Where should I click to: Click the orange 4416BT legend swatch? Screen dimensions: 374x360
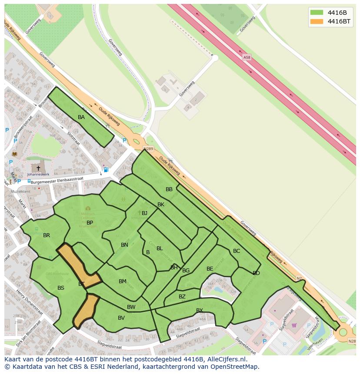317,21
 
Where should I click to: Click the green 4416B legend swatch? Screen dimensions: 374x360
317,12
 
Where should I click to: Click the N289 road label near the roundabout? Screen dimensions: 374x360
148,149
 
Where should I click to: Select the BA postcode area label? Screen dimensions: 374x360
81,117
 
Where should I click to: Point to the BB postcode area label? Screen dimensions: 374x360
169,189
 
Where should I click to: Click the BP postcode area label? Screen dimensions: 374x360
90,223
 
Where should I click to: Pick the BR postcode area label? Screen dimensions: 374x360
47,235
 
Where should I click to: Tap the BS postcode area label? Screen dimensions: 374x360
61,288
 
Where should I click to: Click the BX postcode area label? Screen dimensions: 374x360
200,310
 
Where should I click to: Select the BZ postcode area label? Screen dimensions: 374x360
182,297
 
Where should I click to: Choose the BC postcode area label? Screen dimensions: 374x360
237,251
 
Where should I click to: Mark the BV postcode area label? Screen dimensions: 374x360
121,318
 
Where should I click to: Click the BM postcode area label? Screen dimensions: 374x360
123,281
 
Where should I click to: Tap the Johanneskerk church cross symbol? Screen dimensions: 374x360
38,168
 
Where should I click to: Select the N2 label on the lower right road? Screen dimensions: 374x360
299,278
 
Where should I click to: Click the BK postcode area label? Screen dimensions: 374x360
161,205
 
